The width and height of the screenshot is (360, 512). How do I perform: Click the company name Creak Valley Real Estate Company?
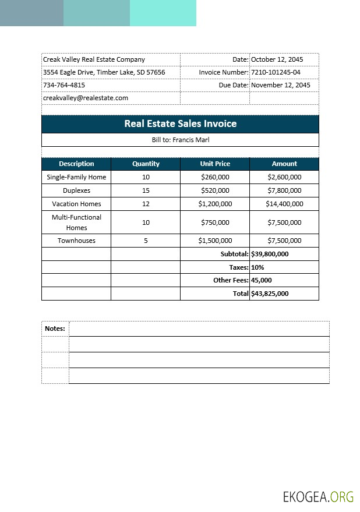pyautogui.click(x=94, y=59)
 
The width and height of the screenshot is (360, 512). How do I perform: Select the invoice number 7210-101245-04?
pyautogui.click(x=276, y=72)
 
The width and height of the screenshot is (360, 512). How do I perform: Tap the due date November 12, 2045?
pyautogui.click(x=280, y=85)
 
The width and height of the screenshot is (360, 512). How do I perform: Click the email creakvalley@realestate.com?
pyautogui.click(x=86, y=98)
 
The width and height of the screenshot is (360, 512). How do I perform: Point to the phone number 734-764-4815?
pyautogui.click(x=64, y=85)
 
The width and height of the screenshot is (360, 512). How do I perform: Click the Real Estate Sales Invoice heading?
pyautogui.click(x=180, y=123)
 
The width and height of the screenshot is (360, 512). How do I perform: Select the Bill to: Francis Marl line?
pyautogui.click(x=180, y=140)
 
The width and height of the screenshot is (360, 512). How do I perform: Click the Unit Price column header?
pyautogui.click(x=215, y=164)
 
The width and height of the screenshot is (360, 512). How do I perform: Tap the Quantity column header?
pyautogui.click(x=146, y=164)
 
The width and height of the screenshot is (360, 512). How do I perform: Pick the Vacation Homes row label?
pyautogui.click(x=76, y=204)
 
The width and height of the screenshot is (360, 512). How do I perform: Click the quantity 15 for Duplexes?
pyautogui.click(x=146, y=190)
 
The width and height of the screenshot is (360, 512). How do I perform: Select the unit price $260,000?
pyautogui.click(x=215, y=177)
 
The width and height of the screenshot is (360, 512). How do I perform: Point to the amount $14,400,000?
pyautogui.click(x=284, y=204)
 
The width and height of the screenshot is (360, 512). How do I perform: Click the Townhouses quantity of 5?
pyautogui.click(x=146, y=241)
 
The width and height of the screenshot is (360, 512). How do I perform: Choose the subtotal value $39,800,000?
pyautogui.click(x=270, y=254)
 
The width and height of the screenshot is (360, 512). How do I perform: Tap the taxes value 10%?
pyautogui.click(x=257, y=267)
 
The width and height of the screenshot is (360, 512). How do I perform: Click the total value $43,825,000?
pyautogui.click(x=270, y=294)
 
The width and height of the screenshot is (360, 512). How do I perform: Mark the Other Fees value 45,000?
pyautogui.click(x=262, y=280)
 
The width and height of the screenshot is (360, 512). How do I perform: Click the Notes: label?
pyautogui.click(x=55, y=329)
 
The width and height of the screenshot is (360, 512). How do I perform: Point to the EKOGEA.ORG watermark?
pyautogui.click(x=318, y=496)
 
